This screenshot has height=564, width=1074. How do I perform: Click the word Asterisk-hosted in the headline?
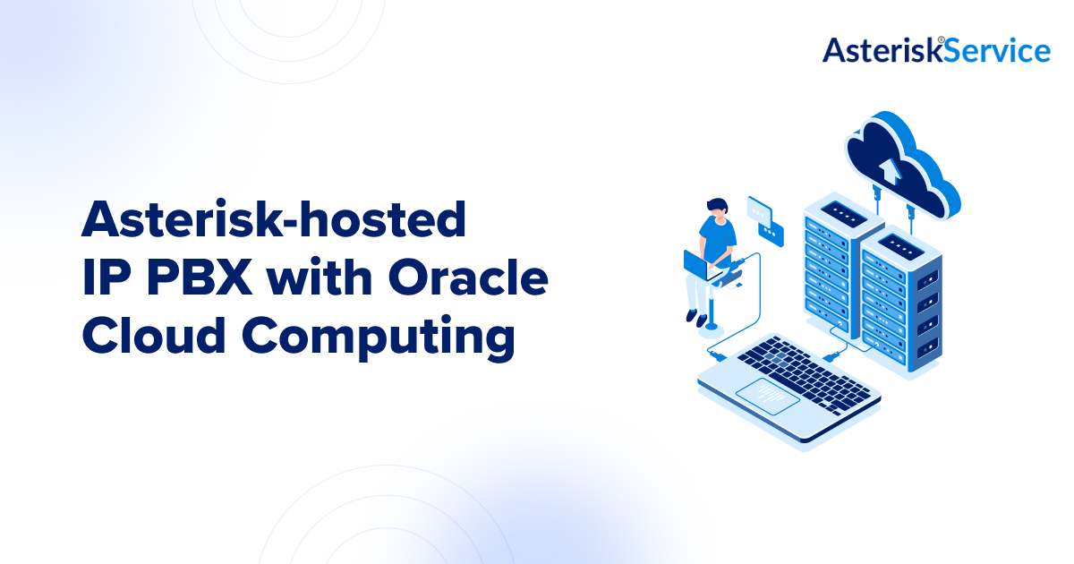(x=274, y=220)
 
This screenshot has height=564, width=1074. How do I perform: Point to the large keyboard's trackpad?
(x=768, y=393)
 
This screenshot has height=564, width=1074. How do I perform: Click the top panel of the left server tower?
(x=842, y=212)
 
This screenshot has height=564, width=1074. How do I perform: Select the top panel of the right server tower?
(x=899, y=242)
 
